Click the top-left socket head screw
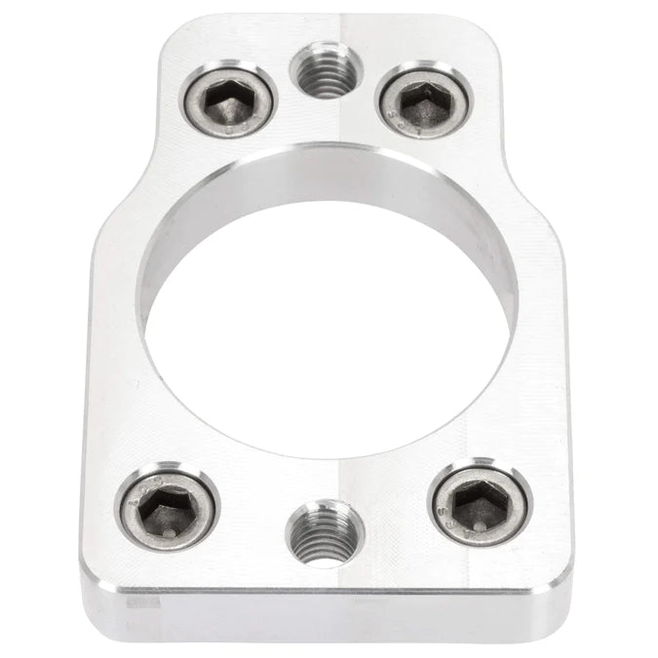tap(229, 100)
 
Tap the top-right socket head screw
tap(424, 100)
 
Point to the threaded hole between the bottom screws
tap(323, 530)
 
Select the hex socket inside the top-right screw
tap(425, 99)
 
